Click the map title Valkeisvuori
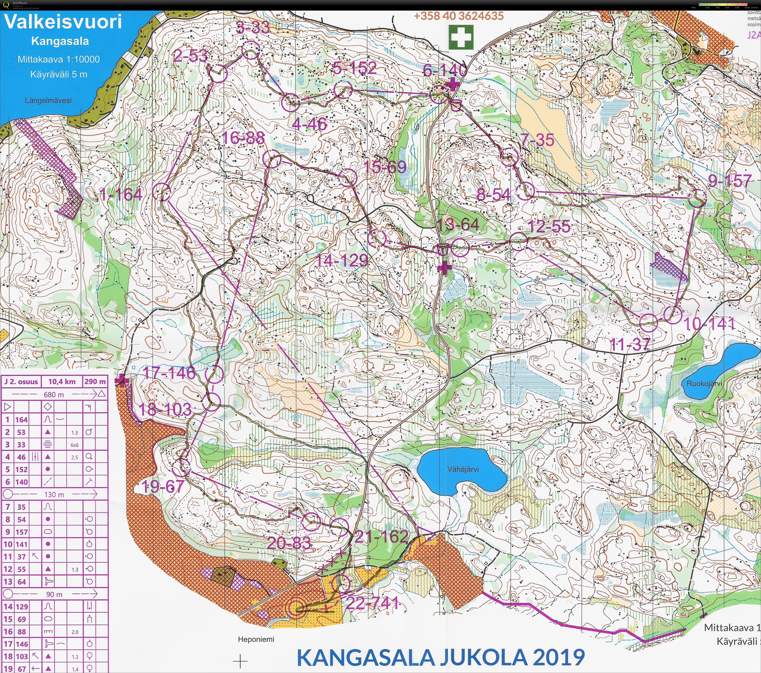point(62,22)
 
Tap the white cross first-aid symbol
point(461,37)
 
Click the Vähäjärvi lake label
point(463,469)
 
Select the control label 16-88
point(243,138)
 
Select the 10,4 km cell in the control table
point(62,381)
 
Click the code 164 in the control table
point(21,420)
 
